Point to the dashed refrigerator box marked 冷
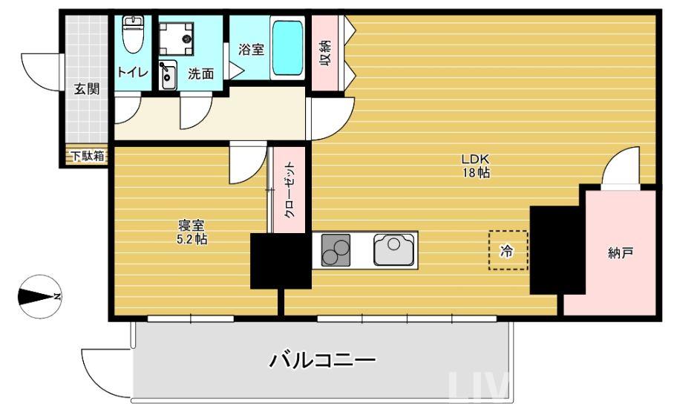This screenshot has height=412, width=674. click(508, 251)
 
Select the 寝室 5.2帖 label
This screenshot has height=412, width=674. click(192, 232)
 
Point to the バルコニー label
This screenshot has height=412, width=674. click(322, 362)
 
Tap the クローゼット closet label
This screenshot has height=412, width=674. click(289, 190)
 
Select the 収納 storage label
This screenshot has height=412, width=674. click(325, 54)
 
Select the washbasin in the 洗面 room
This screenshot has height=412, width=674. click(167, 73)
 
